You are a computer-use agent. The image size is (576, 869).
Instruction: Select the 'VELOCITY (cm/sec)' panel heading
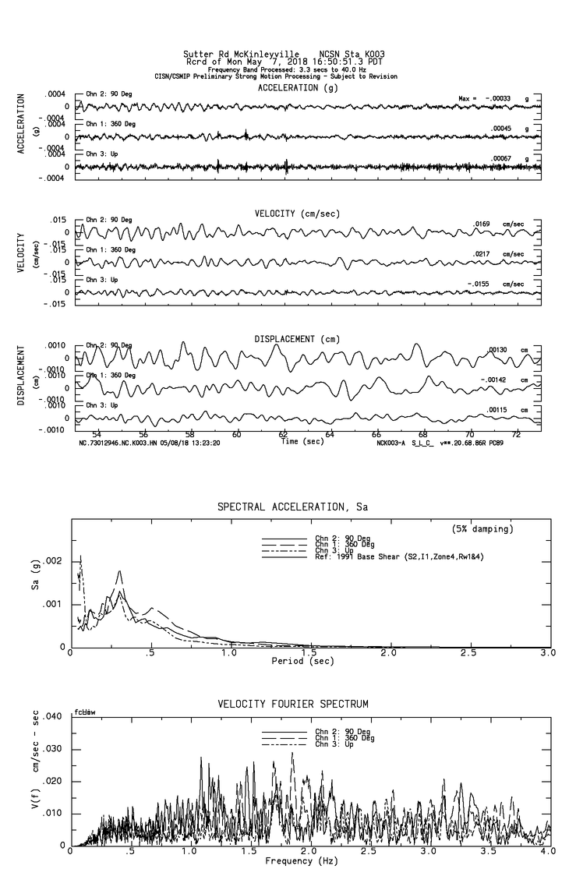coord(297,214)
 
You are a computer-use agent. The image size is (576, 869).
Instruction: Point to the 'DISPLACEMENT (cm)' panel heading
coord(296,340)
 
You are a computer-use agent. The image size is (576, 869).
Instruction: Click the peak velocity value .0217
coord(481,254)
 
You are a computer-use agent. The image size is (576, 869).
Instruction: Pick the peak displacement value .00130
coord(497,350)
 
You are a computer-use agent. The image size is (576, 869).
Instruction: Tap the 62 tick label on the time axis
coord(283,433)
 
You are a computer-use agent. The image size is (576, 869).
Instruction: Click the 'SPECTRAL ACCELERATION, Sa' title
coord(293,507)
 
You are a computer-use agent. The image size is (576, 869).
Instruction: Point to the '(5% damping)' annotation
coord(482,529)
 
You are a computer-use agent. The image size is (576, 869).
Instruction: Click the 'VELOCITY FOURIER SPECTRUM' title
coord(293,704)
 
